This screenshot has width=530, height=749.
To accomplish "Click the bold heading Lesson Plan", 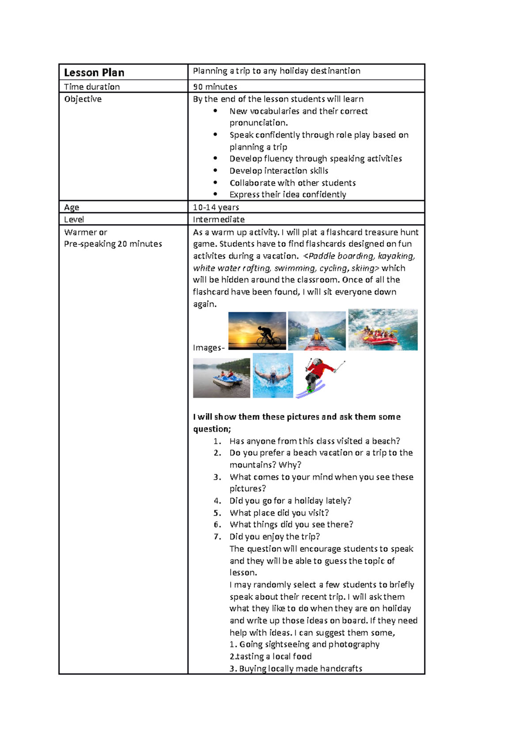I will tap(94, 72).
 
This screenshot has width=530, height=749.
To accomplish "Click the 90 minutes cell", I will tap(215, 87).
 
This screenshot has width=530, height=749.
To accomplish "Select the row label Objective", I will tap(83, 99).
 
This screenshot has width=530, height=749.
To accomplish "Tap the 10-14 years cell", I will tap(216, 207).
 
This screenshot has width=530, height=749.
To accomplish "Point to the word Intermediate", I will tap(219, 219).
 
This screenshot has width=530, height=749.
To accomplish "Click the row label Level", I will tap(74, 219).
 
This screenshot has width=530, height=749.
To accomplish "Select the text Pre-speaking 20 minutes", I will tap(113, 244).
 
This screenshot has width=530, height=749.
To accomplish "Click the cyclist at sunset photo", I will tap(257, 331).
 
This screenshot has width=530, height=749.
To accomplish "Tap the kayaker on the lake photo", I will tap(317, 331).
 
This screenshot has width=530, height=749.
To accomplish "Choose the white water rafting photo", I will tap(382, 330).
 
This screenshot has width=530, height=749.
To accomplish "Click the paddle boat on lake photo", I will tap(221, 378).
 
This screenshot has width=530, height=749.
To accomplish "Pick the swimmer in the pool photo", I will tap(273, 375).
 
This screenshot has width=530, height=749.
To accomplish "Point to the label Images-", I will tap(209, 348).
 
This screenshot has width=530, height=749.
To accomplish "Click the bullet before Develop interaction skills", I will tap(215, 171).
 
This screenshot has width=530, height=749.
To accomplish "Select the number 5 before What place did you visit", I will tap(217, 513).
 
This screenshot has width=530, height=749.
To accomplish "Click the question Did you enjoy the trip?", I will tap(274, 537).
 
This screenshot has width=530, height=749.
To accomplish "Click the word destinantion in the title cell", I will tap(335, 71).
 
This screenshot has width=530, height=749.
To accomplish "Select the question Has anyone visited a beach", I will tap(314, 441).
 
